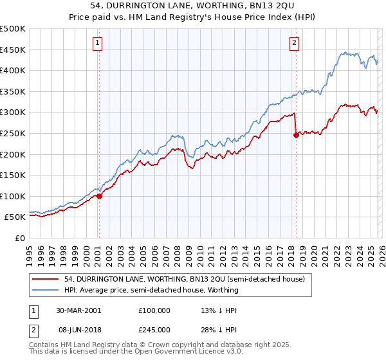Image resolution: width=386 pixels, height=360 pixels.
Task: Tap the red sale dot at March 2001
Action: point(100,196)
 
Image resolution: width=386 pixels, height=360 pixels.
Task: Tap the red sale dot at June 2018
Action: point(296,135)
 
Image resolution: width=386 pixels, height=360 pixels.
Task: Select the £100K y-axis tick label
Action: point(13,196)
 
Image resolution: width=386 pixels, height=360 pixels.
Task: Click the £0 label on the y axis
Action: point(19,238)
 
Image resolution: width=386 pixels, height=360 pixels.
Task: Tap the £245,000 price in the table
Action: point(154,329)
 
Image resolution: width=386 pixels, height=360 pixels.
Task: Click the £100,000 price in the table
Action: point(154,310)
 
